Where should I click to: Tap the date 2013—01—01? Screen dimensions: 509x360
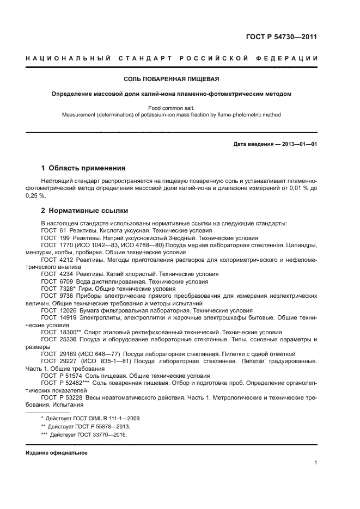pos(298,144)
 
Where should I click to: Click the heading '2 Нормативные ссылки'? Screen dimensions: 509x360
pos(84,210)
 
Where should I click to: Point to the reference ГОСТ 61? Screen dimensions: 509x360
pos(51,230)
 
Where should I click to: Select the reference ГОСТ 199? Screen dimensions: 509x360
pos(52,238)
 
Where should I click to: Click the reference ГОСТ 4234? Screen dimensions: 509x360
pos(54,274)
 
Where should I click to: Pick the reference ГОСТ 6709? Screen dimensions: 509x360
pos(54,282)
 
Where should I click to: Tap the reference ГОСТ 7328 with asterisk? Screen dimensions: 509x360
pos(56,289)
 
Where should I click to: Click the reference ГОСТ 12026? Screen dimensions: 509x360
pos(56,310)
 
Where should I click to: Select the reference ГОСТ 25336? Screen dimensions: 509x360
pos(56,339)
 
